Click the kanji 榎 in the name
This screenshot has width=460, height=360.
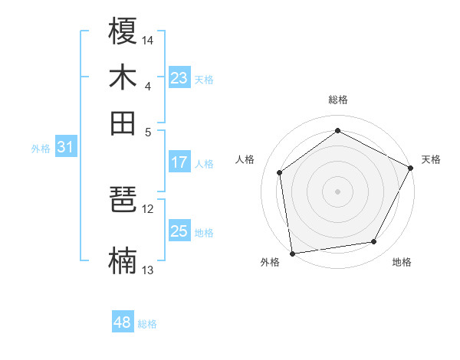(x=123, y=32)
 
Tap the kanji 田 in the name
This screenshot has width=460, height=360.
(x=123, y=122)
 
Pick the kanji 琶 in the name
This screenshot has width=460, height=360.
(x=123, y=201)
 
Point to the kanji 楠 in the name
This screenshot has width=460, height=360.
(x=123, y=261)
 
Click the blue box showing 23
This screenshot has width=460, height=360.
(x=179, y=78)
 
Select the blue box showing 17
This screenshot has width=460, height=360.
(x=179, y=162)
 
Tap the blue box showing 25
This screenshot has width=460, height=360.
(x=179, y=231)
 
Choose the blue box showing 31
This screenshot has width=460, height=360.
(x=65, y=148)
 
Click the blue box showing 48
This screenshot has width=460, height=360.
(x=123, y=322)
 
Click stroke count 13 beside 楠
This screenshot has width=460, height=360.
(x=148, y=270)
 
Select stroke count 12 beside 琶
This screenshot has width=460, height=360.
(x=148, y=208)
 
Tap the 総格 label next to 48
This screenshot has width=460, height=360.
(x=147, y=324)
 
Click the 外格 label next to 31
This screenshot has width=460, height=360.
(x=40, y=149)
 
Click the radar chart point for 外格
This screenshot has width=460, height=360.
(x=292, y=252)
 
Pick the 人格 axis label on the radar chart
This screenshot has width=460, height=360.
(x=245, y=159)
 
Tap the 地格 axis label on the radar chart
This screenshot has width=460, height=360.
(x=402, y=263)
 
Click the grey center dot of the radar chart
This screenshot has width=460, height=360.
(x=337, y=191)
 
